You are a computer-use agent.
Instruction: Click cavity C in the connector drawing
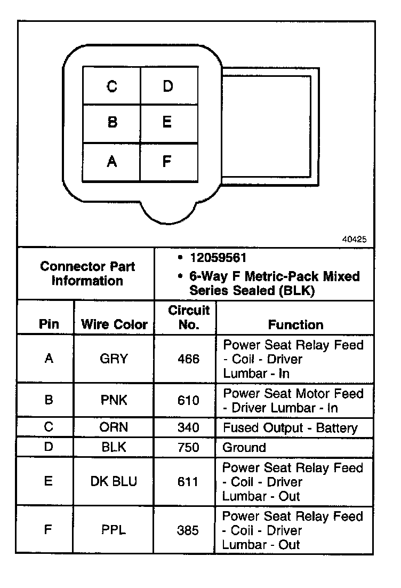click(112, 86)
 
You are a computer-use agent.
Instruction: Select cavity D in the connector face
click(168, 86)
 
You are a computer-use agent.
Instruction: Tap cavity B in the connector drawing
click(112, 123)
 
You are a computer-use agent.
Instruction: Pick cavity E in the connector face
click(167, 123)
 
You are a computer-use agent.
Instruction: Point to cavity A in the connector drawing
click(112, 161)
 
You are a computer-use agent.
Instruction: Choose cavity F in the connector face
click(167, 161)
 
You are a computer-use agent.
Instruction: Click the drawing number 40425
click(354, 240)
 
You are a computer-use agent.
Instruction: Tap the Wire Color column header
click(114, 324)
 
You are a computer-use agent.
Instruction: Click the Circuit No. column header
click(189, 317)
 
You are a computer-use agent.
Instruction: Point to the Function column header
click(295, 324)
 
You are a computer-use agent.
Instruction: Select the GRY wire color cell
click(114, 359)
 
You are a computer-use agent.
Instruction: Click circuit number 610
click(188, 400)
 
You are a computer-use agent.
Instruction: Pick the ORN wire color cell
click(114, 427)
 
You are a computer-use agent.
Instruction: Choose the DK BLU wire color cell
click(114, 481)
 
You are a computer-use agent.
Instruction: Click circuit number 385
click(188, 530)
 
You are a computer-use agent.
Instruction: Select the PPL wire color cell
click(114, 530)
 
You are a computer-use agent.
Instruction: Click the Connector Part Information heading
click(87, 273)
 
